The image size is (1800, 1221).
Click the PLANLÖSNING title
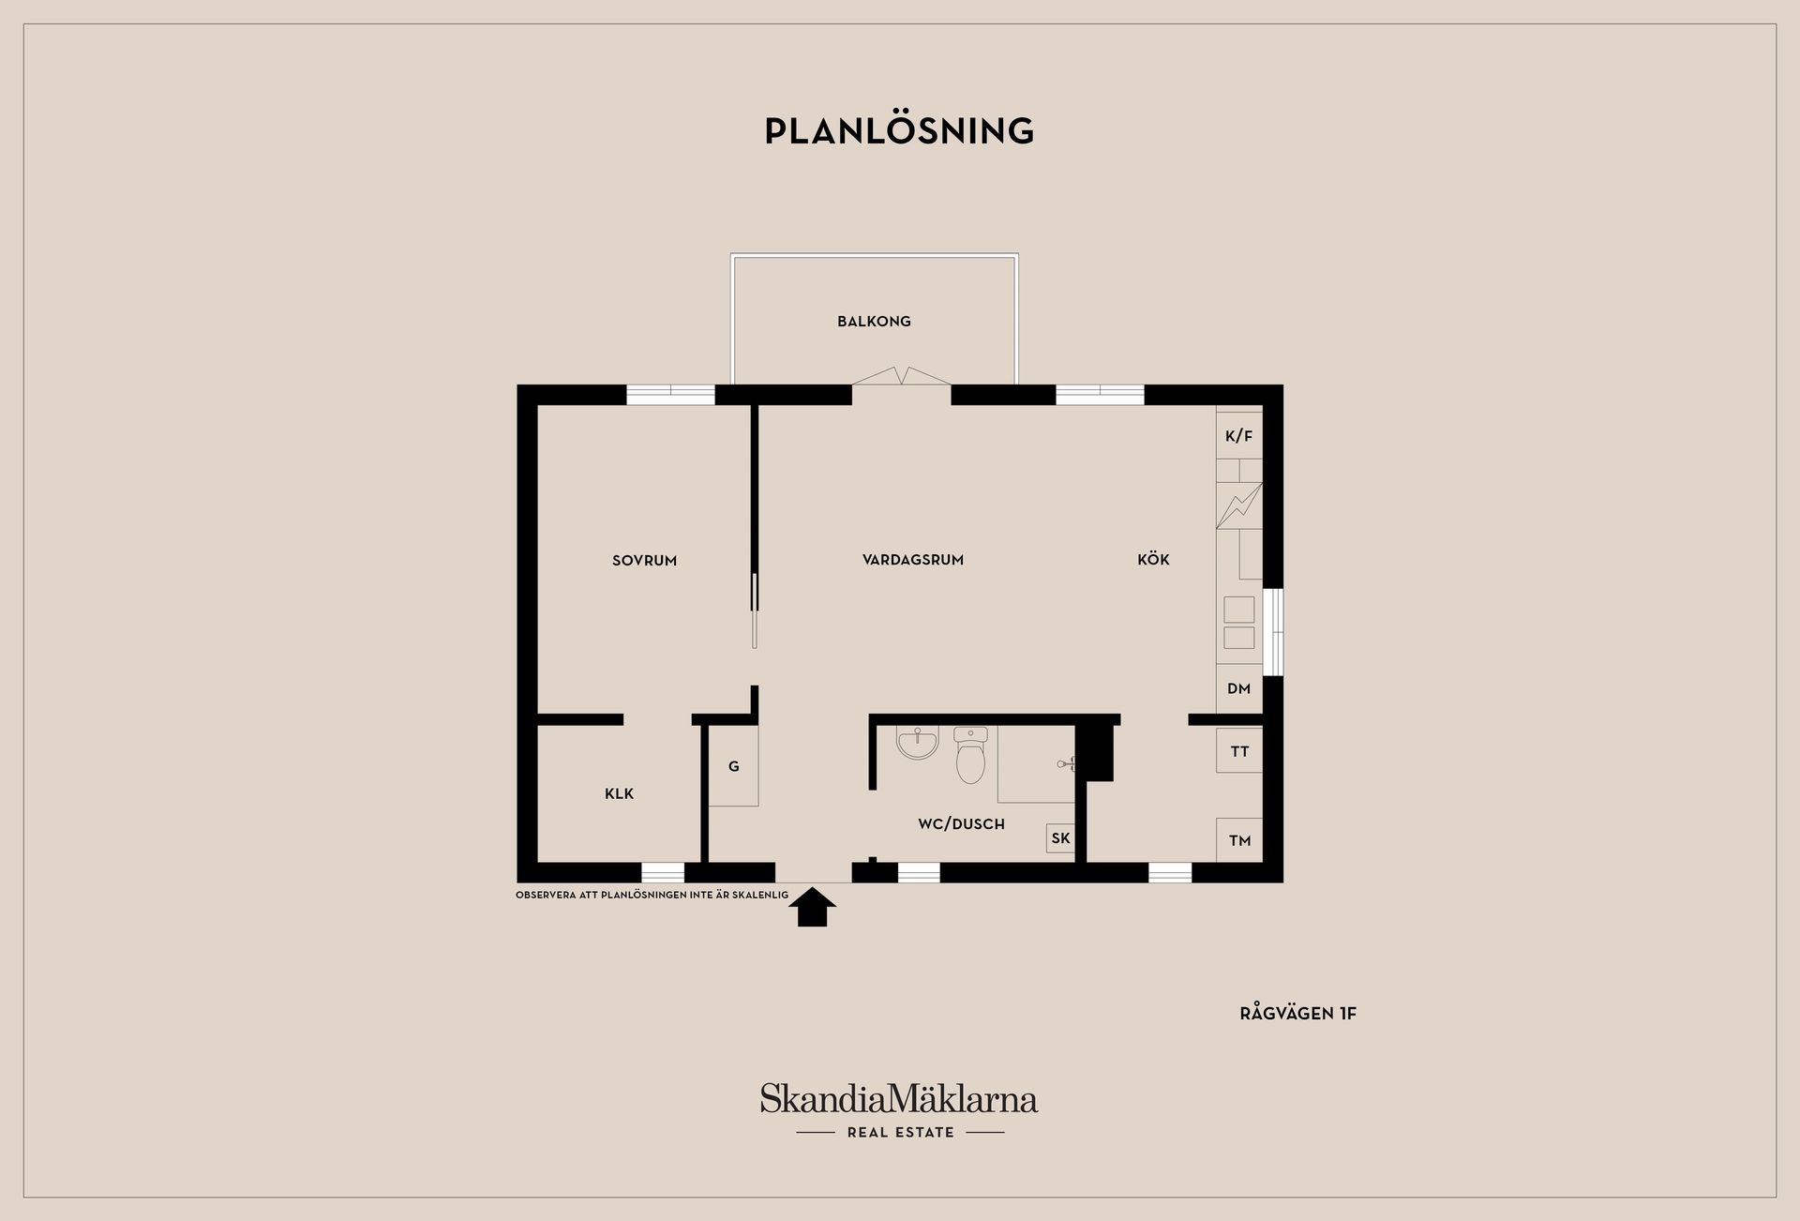point(899,131)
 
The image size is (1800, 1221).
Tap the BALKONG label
point(874,322)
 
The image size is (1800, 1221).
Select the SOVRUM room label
point(644,561)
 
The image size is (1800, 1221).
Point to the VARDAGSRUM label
point(913,560)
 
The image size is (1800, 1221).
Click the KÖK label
point(1153,560)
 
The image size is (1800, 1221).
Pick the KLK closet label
point(619,794)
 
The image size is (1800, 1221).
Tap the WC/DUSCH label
point(961,824)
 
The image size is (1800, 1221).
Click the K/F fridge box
point(1238,436)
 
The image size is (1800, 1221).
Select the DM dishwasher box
point(1238,688)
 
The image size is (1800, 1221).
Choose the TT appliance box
point(1239,751)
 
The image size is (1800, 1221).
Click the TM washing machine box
point(1239,840)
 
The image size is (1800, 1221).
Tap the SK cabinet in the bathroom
point(1060,838)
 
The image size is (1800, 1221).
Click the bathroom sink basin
point(917,745)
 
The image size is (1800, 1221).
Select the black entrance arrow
point(812,908)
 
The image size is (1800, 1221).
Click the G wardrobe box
point(733,767)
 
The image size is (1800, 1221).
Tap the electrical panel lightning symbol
point(1238,505)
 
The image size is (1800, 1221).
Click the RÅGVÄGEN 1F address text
point(1297,1014)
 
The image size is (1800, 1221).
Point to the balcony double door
point(901,376)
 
